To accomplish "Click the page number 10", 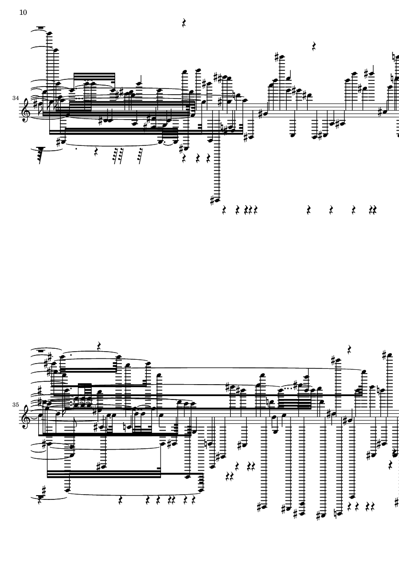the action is (x=23, y=12).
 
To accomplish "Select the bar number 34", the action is (x=15, y=98).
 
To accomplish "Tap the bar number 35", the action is (x=15, y=405).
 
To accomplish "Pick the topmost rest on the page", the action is (x=184, y=23).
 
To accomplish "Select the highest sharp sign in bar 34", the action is (x=277, y=56).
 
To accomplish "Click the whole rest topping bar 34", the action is (x=41, y=27).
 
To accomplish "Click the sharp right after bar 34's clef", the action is (x=34, y=105).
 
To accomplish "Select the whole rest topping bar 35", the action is (x=41, y=350).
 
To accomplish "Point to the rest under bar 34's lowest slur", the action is (x=96, y=152).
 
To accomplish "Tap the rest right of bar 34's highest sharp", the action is (x=314, y=46).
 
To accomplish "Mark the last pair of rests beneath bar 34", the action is (x=372, y=210).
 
